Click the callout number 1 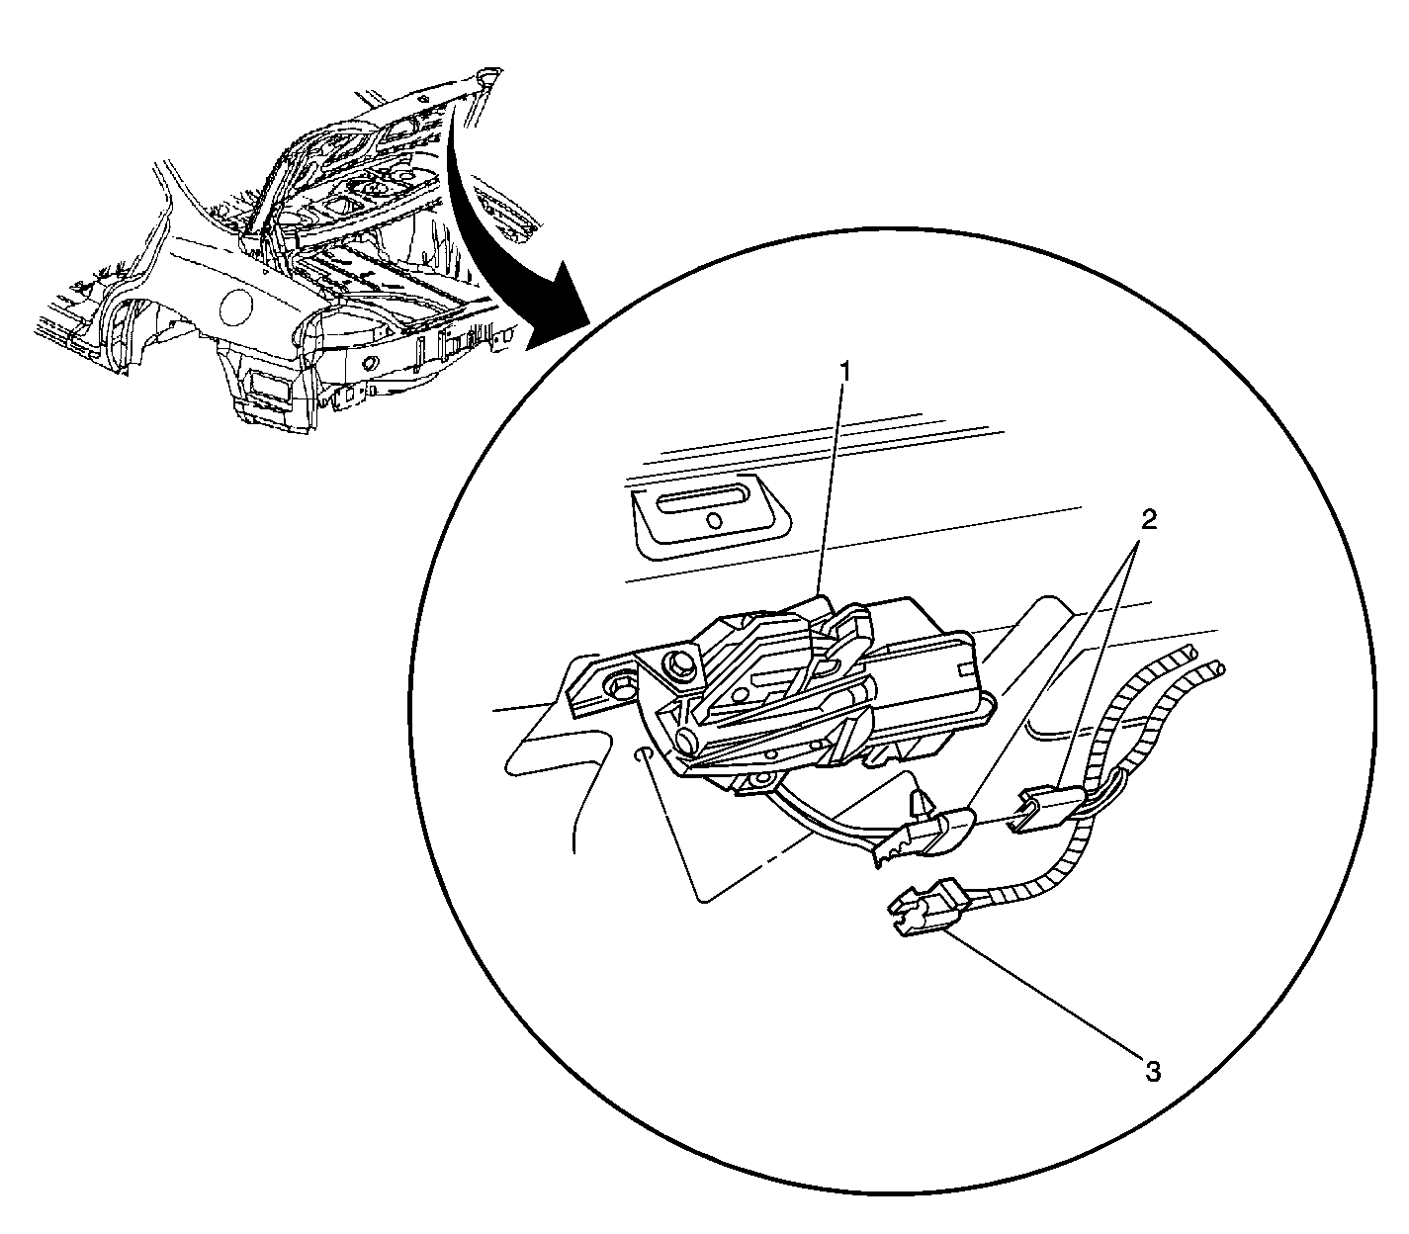(x=843, y=374)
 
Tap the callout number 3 (x=1152, y=1071)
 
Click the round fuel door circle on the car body (x=236, y=308)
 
